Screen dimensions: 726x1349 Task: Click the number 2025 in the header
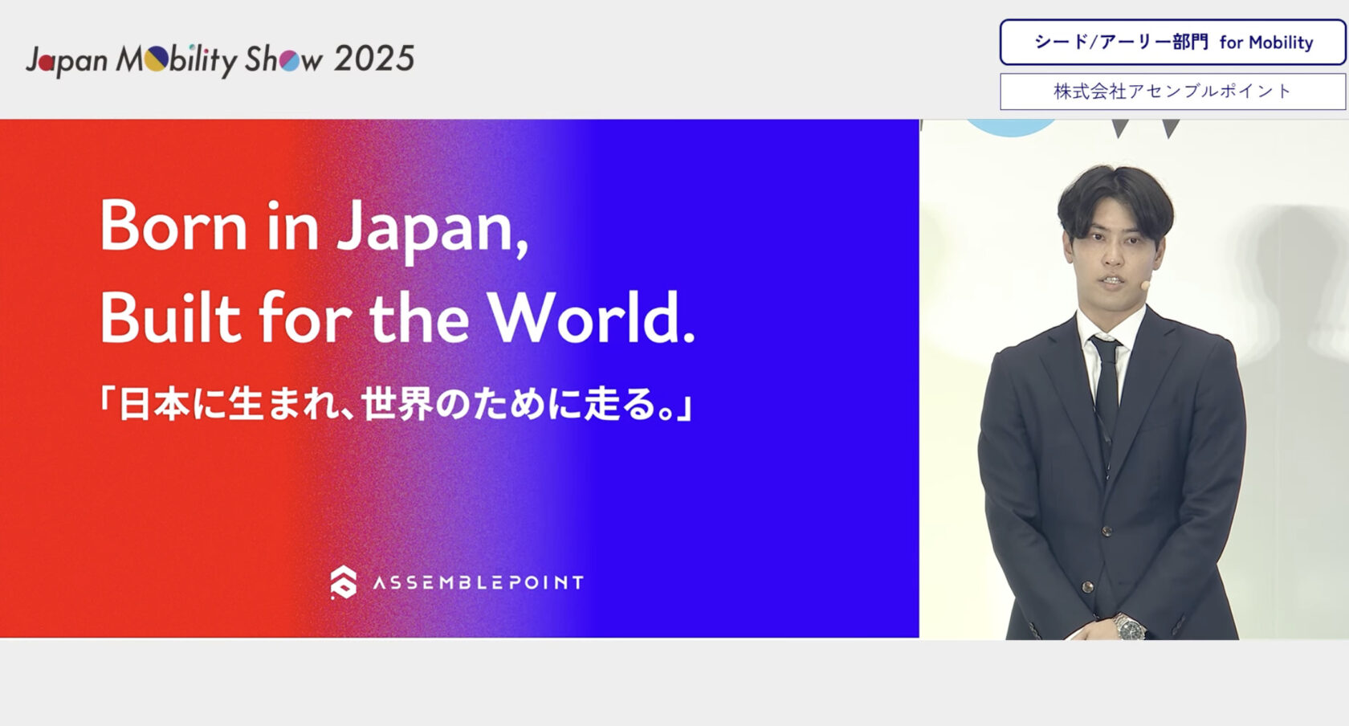373,59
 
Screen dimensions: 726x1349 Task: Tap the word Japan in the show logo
67,60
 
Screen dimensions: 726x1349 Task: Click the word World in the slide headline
590,317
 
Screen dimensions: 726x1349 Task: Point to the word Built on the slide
169,317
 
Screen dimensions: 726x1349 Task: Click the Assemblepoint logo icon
344,582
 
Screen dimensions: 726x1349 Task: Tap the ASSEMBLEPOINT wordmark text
478,582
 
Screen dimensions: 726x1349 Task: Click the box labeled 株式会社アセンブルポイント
1172,92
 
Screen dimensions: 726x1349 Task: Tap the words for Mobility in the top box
1265,43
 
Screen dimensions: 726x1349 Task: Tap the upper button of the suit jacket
1107,530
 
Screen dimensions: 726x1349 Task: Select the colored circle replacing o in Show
289,60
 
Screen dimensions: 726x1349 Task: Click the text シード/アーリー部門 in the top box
1121,43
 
